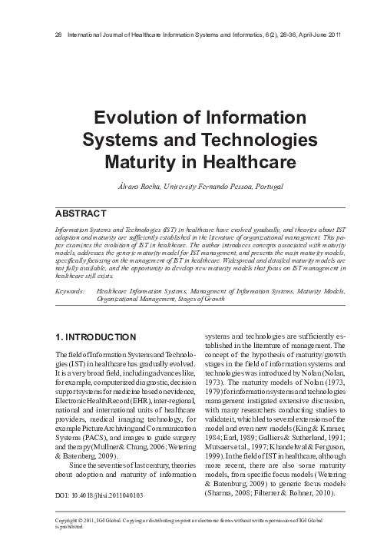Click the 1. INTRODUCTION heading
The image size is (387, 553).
click(98, 337)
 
